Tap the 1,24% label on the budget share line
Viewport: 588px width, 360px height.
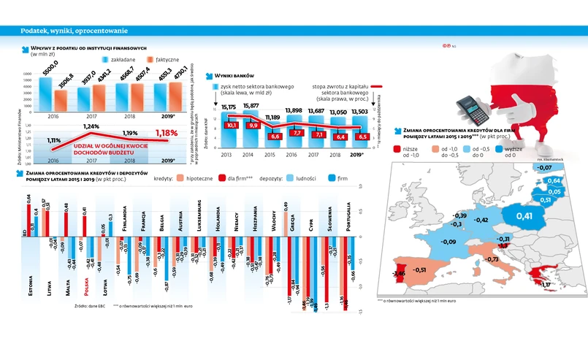point(91,126)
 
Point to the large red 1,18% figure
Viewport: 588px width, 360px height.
point(167,132)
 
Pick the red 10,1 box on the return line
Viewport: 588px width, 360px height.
point(232,126)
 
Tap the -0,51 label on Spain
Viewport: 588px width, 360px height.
point(419,269)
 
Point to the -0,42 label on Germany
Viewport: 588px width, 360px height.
point(481,219)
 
